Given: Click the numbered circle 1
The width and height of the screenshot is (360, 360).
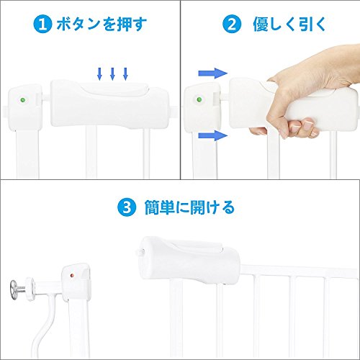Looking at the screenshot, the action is coord(42,24).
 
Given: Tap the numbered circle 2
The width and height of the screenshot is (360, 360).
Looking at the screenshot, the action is coord(232,24).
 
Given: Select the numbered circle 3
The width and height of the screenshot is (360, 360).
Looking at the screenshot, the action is coord(127,207).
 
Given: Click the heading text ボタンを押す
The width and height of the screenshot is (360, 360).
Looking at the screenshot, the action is coord(102,24).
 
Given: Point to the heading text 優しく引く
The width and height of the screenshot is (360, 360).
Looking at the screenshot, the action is coord(289,24).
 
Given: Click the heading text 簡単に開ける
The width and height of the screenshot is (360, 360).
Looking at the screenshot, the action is coord(189,207).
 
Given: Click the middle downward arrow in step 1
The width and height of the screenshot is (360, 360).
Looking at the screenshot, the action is coord(112,73).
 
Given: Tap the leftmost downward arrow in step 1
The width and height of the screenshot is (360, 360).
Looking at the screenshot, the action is coord(99,73).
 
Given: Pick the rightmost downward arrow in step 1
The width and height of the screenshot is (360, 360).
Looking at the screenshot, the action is coord(125,73).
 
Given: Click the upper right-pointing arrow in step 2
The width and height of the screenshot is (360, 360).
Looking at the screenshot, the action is coord(212,73).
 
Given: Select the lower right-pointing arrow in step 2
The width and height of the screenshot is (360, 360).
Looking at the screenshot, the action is coord(212,135).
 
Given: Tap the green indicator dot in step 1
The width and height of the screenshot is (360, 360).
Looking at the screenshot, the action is coord(23,100).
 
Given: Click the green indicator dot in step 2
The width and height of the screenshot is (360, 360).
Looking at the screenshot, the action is coord(199,99).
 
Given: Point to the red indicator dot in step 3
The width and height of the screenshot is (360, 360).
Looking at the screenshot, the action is coord(72,276).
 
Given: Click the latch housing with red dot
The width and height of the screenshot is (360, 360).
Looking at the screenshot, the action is coord(76,282).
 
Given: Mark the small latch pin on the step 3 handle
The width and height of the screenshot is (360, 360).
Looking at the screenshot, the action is coord(140,252).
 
